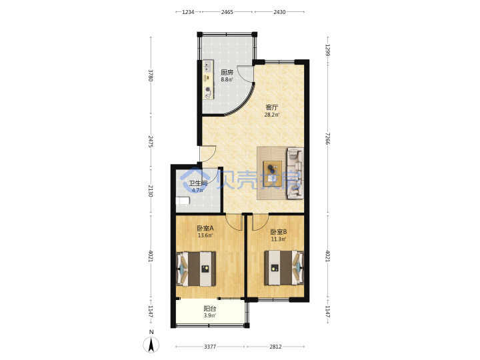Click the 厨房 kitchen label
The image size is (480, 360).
(227, 73)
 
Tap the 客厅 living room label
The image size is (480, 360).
(272, 107)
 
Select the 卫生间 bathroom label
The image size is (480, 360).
(198, 183)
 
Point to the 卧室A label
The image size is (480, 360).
(205, 229)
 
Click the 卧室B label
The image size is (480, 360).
(278, 232)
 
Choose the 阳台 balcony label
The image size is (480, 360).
(210, 309)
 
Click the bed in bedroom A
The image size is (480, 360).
(196, 269)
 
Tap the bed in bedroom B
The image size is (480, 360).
(284, 268)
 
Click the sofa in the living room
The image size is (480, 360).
(295, 173)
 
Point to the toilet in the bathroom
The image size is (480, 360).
(183, 201)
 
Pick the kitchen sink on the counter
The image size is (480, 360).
(208, 67)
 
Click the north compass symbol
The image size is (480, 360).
(151, 345)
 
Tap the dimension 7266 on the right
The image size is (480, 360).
(328, 139)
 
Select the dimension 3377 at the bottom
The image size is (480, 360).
(210, 347)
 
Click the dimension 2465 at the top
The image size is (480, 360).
(227, 12)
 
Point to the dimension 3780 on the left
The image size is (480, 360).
(150, 75)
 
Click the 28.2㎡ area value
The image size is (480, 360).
(272, 115)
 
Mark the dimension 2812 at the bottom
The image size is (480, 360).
(275, 347)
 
